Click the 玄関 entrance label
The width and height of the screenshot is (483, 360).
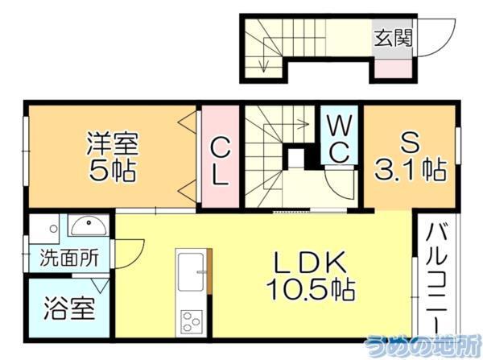coord(393,37)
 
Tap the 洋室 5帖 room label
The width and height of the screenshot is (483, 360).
coord(113,158)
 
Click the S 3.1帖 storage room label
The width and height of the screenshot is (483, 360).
coord(410,158)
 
